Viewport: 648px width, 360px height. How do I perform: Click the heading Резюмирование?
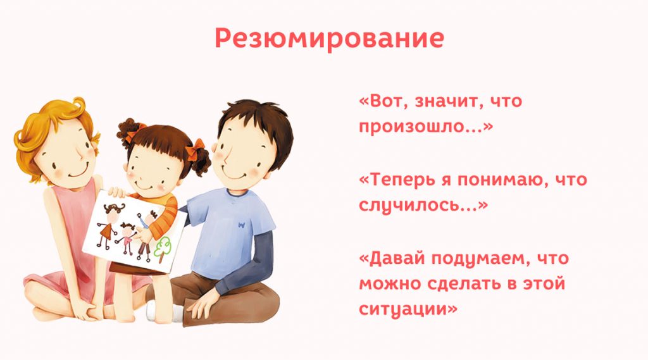[x=329, y=38]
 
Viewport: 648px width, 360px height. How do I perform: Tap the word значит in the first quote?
[x=442, y=101]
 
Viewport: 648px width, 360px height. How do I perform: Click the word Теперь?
[x=402, y=180]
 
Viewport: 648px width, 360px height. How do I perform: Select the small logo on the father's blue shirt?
[x=241, y=223]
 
